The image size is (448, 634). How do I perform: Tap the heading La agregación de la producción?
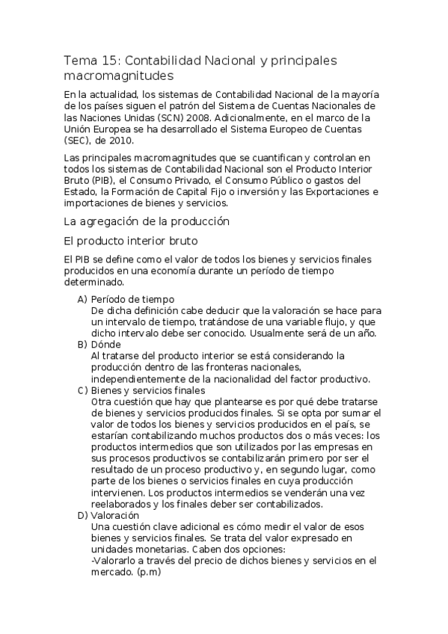click(146, 221)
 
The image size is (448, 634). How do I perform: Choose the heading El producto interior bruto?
click(131, 240)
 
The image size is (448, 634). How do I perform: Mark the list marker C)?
click(82, 390)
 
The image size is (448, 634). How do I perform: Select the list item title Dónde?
click(106, 344)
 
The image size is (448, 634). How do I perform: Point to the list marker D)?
click(82, 515)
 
